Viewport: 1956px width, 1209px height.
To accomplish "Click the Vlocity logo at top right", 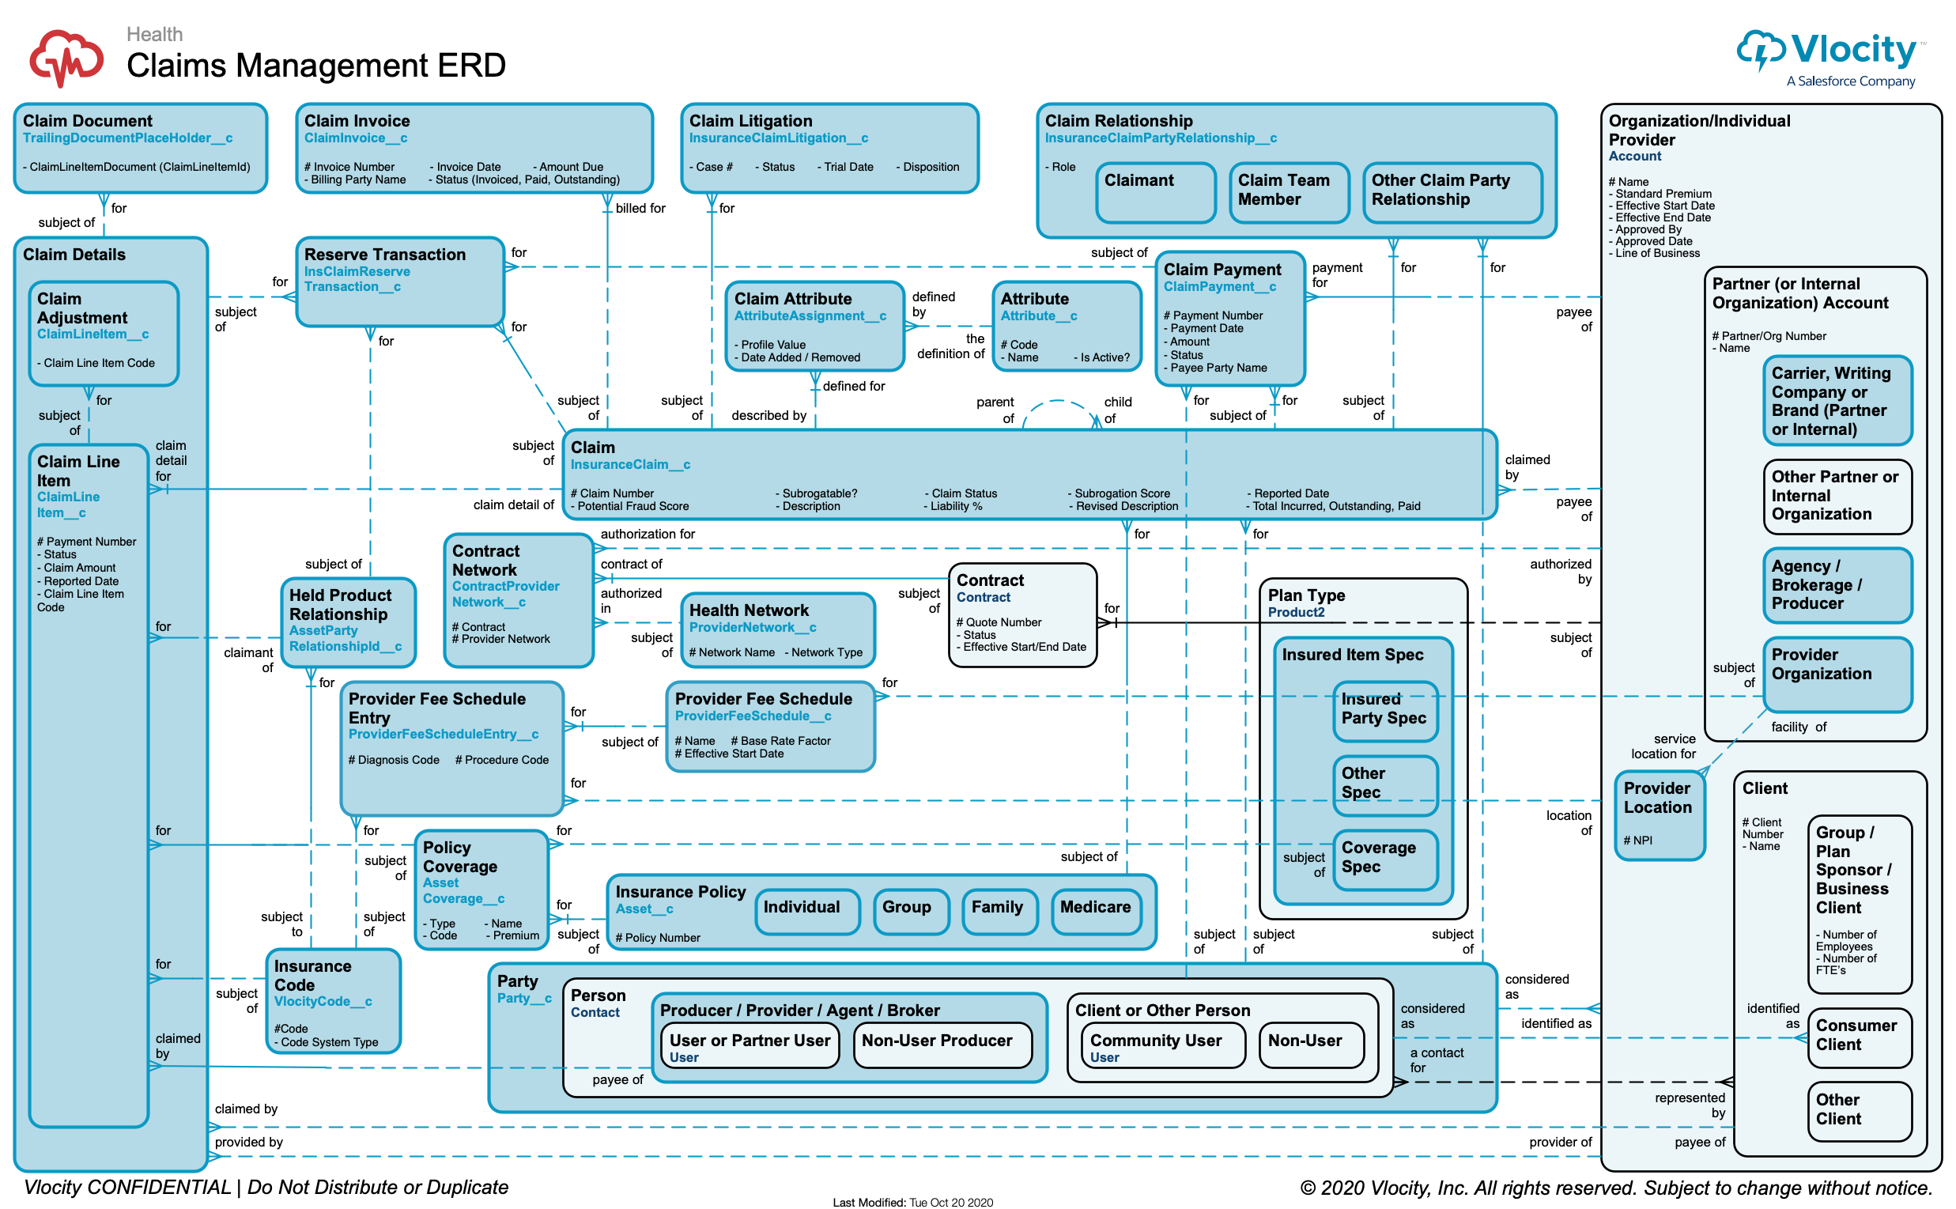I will tap(1831, 56).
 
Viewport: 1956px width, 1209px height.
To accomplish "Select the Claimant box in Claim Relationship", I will tap(1155, 192).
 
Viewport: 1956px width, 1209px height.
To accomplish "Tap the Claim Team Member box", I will tap(1289, 192).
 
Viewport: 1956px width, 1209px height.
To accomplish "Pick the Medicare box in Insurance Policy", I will tap(1095, 911).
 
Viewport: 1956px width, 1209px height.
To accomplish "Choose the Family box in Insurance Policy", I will tap(999, 911).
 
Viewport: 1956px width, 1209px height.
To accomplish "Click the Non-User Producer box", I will tap(942, 1044).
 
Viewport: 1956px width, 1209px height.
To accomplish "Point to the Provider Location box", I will tap(1660, 814).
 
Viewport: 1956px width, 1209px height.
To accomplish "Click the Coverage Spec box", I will tap(1384, 859).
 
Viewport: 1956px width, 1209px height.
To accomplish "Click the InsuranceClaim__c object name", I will tap(631, 465).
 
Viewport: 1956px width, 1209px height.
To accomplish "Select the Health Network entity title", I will tap(749, 610).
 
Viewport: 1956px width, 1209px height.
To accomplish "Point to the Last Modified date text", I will tap(913, 1202).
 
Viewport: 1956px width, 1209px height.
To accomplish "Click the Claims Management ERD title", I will tap(315, 66).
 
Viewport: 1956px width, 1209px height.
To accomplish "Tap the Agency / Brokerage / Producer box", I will tap(1836, 584).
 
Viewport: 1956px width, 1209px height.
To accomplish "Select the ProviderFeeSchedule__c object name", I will tap(753, 716).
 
